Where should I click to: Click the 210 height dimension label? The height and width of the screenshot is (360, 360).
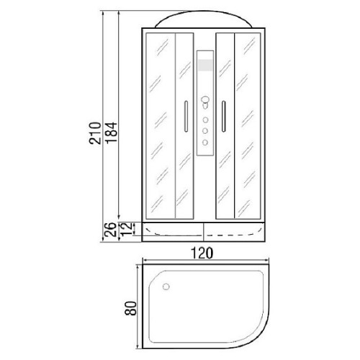pos(94,133)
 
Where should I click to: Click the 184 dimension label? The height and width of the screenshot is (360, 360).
pos(112,133)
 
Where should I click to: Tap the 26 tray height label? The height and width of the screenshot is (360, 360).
pos(111,230)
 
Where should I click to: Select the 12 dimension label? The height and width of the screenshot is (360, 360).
pos(126,229)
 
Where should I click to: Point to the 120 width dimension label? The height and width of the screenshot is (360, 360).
pos(202,253)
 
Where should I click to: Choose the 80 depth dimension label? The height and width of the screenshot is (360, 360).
pos(131,308)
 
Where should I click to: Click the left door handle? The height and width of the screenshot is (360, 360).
pos(186,116)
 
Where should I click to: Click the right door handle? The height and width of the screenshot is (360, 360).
pos(224,116)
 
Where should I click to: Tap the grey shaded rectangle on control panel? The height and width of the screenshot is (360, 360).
pos(205,65)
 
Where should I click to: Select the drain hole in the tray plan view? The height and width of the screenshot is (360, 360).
pos(166,287)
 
